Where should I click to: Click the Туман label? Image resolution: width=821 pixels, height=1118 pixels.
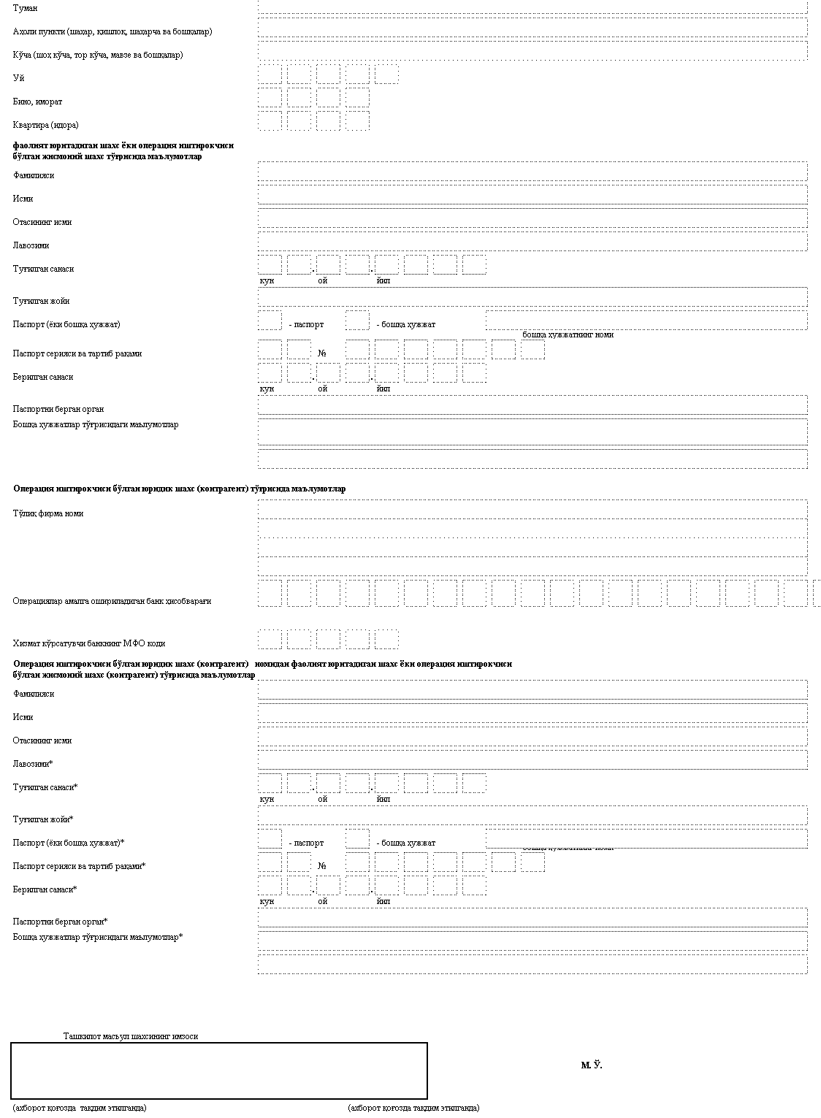(25, 8)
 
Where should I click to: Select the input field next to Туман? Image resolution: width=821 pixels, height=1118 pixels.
(532, 7)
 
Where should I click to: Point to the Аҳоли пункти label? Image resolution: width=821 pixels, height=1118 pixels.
(112, 31)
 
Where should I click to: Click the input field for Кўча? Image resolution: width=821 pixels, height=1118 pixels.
(532, 51)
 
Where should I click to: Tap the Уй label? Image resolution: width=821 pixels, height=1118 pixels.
(18, 78)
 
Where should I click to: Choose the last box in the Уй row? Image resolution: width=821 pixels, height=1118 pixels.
(386, 74)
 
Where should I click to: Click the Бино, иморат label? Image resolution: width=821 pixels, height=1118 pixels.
(37, 102)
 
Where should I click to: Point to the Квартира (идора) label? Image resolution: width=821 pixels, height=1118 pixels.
(45, 125)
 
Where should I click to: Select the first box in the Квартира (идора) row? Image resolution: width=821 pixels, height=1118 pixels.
(270, 121)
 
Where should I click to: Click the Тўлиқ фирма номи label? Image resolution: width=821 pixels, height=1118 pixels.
(47, 513)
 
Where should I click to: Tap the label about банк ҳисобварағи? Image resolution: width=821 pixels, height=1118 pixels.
(112, 601)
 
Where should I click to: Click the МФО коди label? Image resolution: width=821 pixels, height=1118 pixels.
(88, 643)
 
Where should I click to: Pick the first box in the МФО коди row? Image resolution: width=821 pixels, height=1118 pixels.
(270, 640)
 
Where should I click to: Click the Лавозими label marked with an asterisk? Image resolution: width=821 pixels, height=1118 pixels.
(33, 764)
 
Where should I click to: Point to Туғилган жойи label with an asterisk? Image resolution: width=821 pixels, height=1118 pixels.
(43, 819)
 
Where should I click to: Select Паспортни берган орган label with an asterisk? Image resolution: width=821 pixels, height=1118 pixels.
(60, 922)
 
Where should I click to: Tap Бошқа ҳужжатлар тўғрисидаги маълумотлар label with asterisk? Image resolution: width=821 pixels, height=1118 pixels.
(97, 937)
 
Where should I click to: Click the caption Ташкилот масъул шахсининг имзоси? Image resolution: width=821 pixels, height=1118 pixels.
(131, 1036)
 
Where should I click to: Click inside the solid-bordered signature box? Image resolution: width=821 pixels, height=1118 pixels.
(219, 1071)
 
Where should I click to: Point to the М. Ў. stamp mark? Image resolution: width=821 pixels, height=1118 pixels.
(592, 1065)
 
